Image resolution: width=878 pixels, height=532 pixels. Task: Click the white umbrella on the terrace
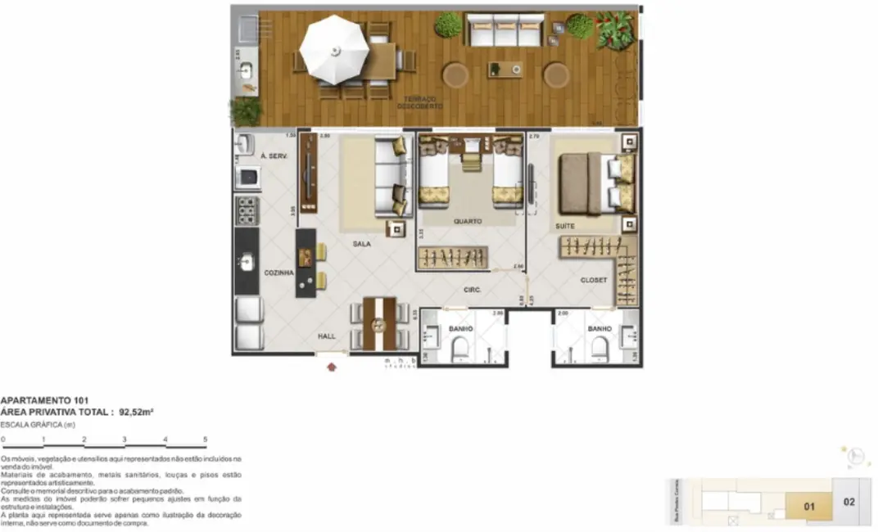point(333,49)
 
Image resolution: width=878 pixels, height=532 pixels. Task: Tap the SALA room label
point(362,244)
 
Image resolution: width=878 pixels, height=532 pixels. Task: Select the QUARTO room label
point(468,221)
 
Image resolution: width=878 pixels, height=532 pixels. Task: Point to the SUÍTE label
point(564,226)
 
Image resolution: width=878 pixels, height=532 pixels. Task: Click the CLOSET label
point(594,280)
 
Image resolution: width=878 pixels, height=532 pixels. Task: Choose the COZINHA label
point(278,273)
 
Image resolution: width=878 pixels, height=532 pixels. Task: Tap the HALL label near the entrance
point(327,336)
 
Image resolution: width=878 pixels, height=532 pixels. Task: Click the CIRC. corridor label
point(471,290)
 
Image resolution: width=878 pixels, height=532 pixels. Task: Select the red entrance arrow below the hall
point(332,367)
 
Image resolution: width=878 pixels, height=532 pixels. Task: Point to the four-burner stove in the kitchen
point(247,210)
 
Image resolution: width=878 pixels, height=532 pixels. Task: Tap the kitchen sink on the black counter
point(247,262)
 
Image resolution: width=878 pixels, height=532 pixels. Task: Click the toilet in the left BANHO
point(459,349)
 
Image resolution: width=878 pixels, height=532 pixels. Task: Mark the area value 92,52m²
point(137,413)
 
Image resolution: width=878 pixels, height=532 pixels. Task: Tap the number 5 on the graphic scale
point(206,440)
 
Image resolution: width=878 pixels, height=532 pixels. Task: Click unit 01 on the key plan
point(809,507)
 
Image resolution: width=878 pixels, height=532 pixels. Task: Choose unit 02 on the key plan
point(849,501)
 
